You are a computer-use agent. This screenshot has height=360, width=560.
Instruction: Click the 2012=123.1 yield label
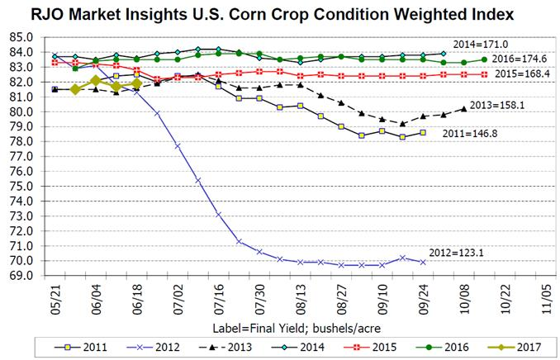(455, 253)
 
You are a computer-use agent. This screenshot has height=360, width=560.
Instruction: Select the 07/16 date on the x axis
(219, 295)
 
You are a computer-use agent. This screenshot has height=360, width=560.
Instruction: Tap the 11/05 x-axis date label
(544, 295)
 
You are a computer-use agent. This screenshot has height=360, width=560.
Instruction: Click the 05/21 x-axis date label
(55, 295)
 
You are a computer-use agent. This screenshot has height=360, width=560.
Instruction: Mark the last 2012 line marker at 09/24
(423, 262)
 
